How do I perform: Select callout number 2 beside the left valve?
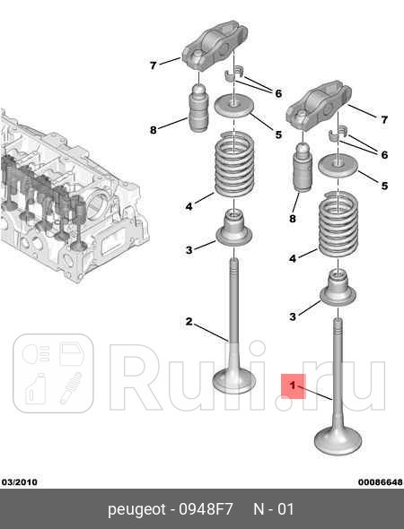[189, 321]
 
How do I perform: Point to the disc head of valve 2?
[234, 380]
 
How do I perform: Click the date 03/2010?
[19, 481]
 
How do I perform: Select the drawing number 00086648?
[380, 481]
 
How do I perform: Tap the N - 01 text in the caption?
[273, 509]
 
